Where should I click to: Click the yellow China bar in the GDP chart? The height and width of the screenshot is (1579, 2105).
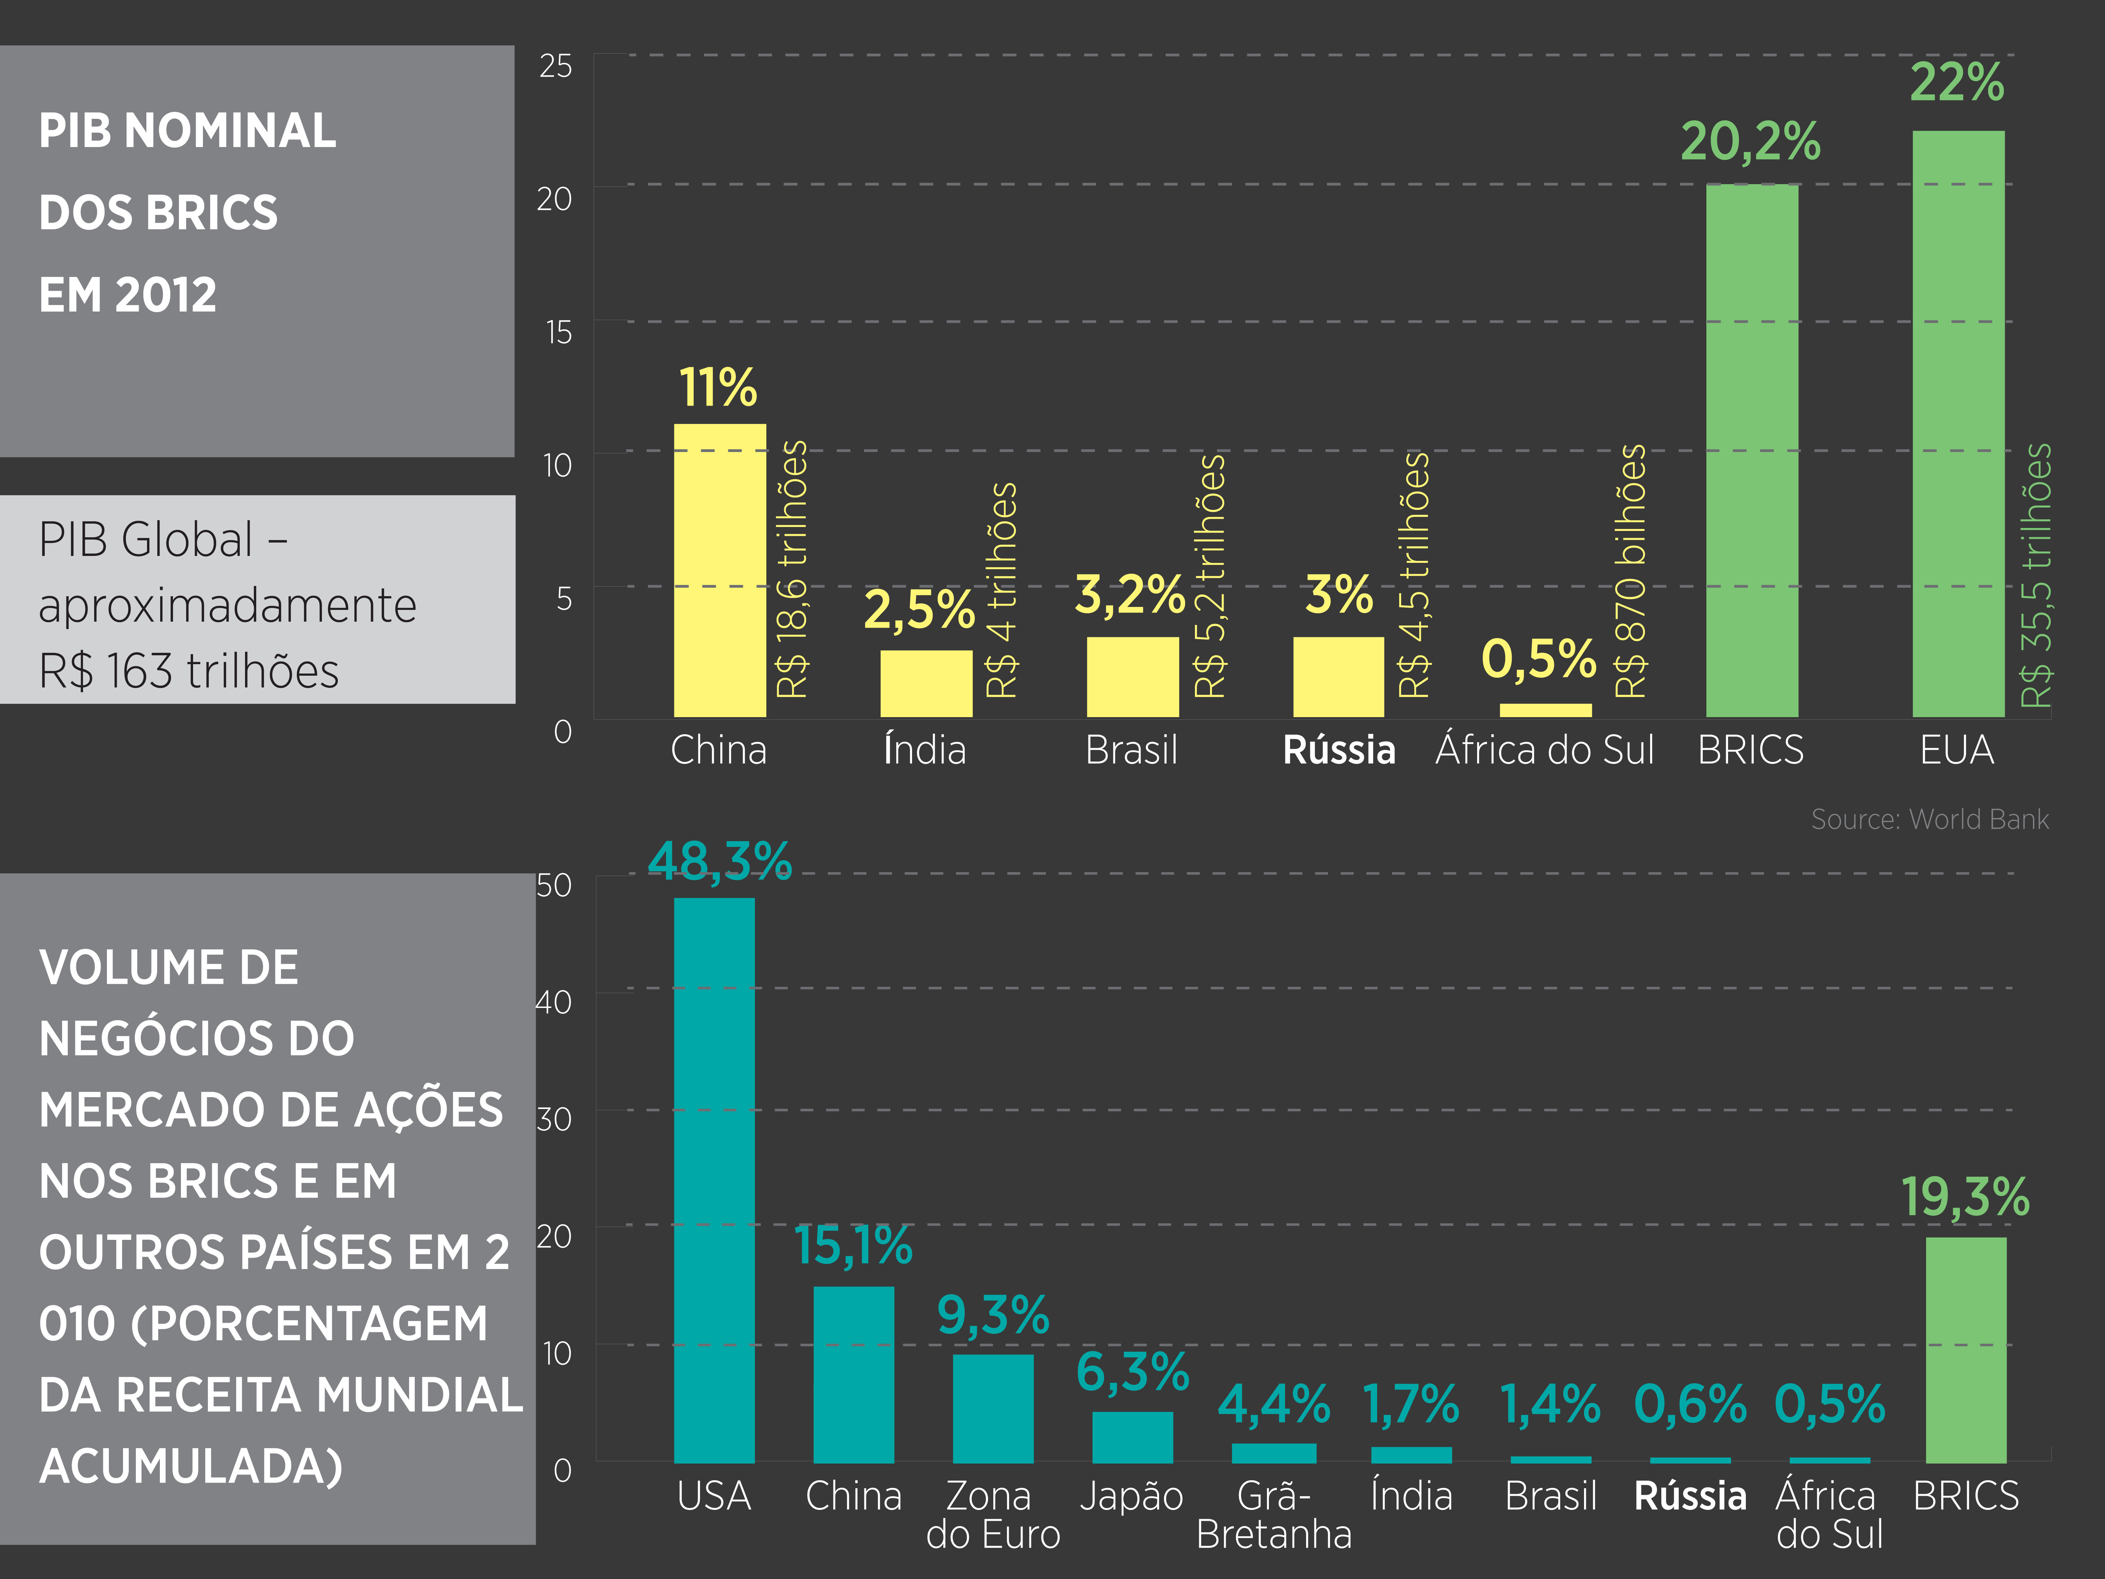pyautogui.click(x=719, y=571)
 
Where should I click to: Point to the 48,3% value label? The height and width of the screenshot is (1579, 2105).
pyautogui.click(x=719, y=861)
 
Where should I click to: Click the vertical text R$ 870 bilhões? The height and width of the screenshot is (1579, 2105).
pyautogui.click(x=1631, y=571)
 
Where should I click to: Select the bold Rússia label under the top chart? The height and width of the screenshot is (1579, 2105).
pyautogui.click(x=1339, y=750)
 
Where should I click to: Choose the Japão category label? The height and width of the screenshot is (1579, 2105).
pyautogui.click(x=1131, y=1496)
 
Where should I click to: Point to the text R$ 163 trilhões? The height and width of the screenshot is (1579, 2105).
pyautogui.click(x=188, y=671)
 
